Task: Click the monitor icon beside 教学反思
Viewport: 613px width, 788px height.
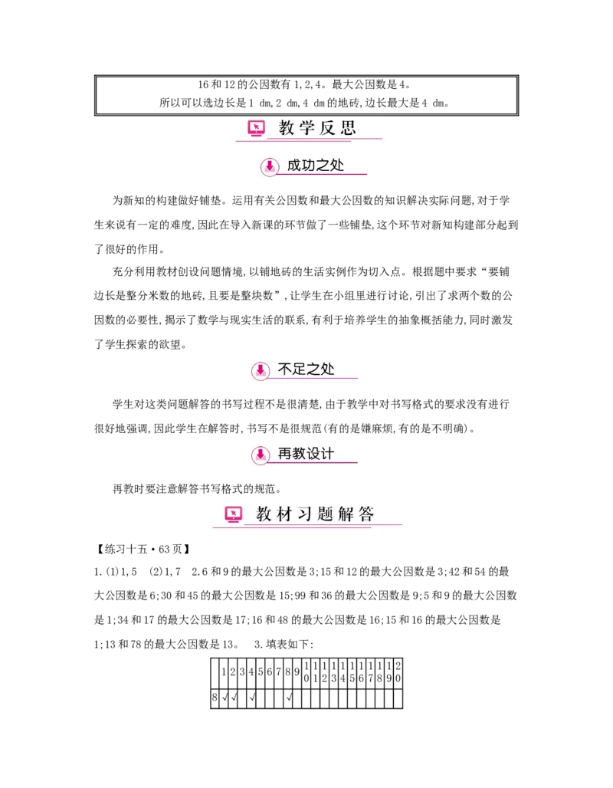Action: tap(256, 128)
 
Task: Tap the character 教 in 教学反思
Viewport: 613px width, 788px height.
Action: tap(287, 128)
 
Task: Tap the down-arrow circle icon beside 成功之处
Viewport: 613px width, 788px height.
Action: tap(269, 166)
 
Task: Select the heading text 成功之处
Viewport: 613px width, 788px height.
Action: tap(315, 165)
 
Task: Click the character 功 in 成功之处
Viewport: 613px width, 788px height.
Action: tap(305, 165)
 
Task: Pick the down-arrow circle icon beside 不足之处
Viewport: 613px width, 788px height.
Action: tap(261, 370)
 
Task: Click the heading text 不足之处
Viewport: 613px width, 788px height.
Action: tap(306, 369)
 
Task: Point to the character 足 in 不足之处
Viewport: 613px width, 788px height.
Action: tap(296, 369)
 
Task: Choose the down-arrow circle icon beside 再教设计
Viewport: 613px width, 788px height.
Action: tap(261, 455)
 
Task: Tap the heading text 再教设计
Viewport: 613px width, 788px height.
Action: tap(306, 455)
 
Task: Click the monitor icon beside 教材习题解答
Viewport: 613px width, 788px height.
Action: tap(234, 514)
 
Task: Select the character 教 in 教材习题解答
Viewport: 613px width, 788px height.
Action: tap(264, 514)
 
